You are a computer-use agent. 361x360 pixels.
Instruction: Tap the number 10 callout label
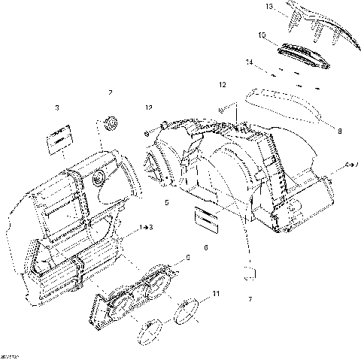(x=262, y=35)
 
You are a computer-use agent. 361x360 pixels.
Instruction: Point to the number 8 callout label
(x=339, y=131)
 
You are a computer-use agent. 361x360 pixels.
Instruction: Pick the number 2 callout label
(x=110, y=92)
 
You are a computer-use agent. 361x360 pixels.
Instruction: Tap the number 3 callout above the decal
(x=57, y=108)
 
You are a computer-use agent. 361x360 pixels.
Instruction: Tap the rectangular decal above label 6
(x=205, y=218)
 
